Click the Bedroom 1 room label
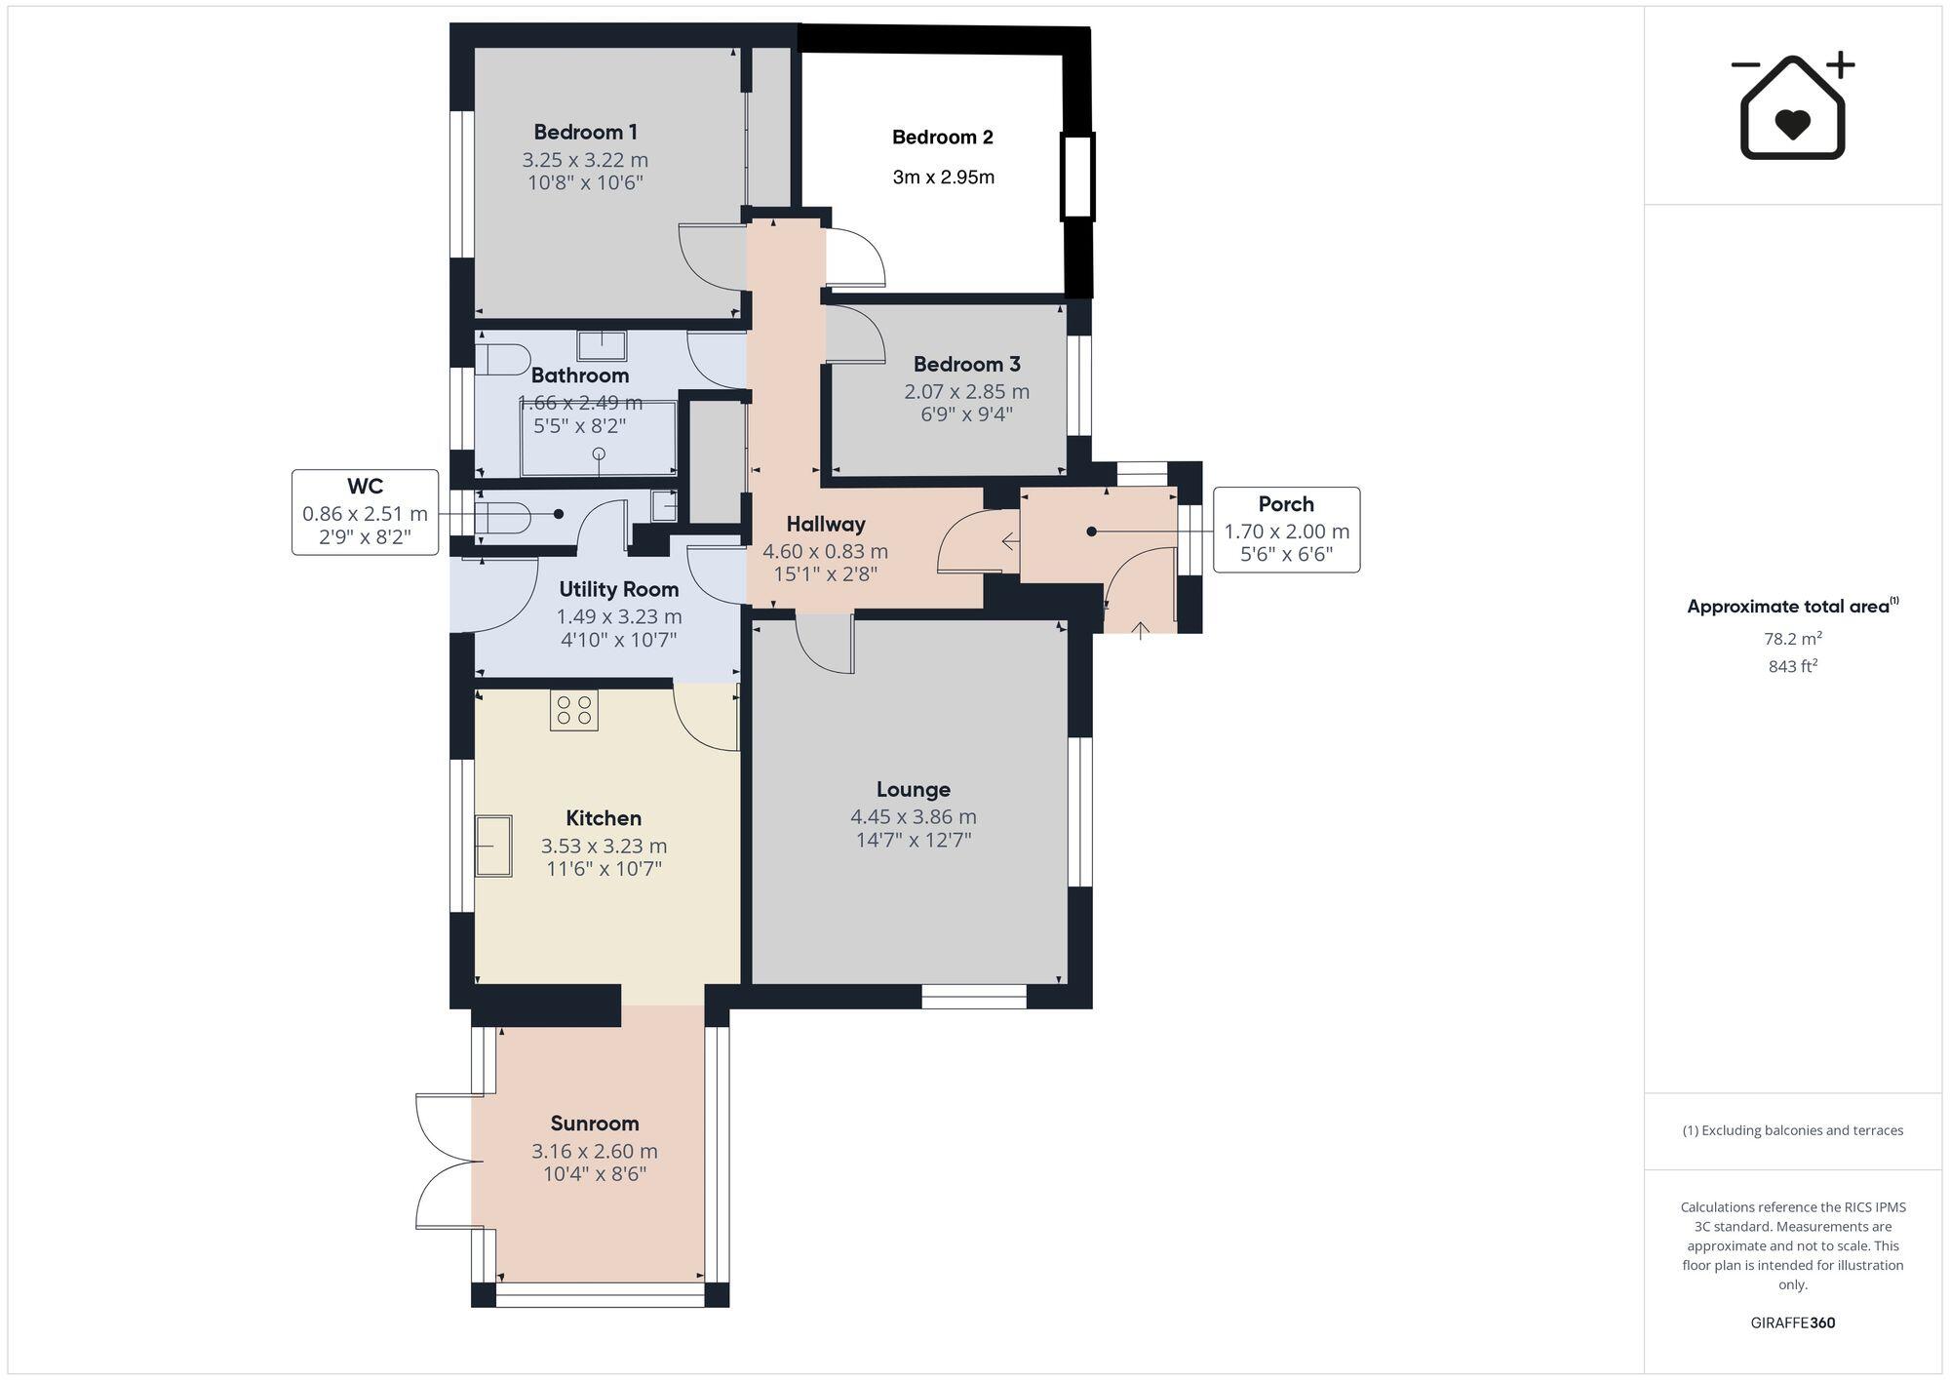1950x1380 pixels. pyautogui.click(x=585, y=132)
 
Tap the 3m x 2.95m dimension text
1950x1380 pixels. pyautogui.click(x=943, y=177)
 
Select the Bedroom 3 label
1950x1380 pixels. pyautogui.click(x=966, y=364)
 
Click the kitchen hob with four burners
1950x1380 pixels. pyautogui.click(x=573, y=710)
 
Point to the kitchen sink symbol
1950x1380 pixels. pyautogui.click(x=493, y=846)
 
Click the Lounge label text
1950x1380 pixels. pyautogui.click(x=913, y=789)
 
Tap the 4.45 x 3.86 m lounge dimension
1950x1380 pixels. pyautogui.click(x=913, y=816)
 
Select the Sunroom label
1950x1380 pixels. pyautogui.click(x=594, y=1123)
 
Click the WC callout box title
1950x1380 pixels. pyautogui.click(x=365, y=486)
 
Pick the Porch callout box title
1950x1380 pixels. pyautogui.click(x=1285, y=504)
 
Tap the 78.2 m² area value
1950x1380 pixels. pyautogui.click(x=1792, y=639)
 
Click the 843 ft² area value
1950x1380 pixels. pyautogui.click(x=1792, y=667)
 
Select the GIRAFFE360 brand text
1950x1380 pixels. pyautogui.click(x=1792, y=1322)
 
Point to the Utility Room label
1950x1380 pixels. pyautogui.click(x=618, y=589)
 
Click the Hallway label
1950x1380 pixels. pyautogui.click(x=825, y=524)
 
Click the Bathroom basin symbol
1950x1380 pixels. pyautogui.click(x=601, y=345)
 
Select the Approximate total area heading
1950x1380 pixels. pyautogui.click(x=1788, y=606)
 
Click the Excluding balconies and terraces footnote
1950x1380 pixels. pyautogui.click(x=1792, y=1130)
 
